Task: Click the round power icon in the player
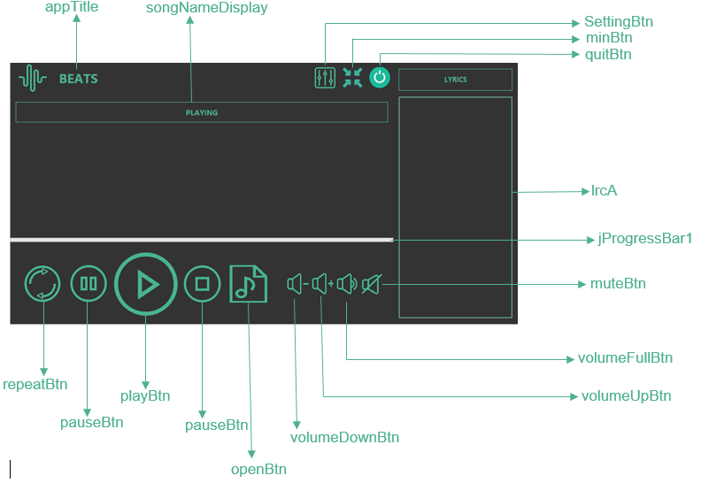point(380,77)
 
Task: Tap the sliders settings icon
point(325,78)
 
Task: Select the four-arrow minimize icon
point(352,77)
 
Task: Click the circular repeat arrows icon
point(42,284)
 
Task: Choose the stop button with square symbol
point(202,284)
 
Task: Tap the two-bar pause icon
point(89,284)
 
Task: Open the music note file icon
point(248,284)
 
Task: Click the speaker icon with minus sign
point(297,284)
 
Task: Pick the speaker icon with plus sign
point(323,284)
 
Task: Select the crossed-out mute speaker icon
point(372,284)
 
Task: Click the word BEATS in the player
point(79,79)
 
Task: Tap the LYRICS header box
point(455,80)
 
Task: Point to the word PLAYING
point(202,112)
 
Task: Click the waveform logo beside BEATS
point(33,78)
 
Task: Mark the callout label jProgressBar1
point(644,239)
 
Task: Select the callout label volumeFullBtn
point(625,358)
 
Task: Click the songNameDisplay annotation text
point(206,8)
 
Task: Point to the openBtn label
point(258,470)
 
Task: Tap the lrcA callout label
point(604,191)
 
